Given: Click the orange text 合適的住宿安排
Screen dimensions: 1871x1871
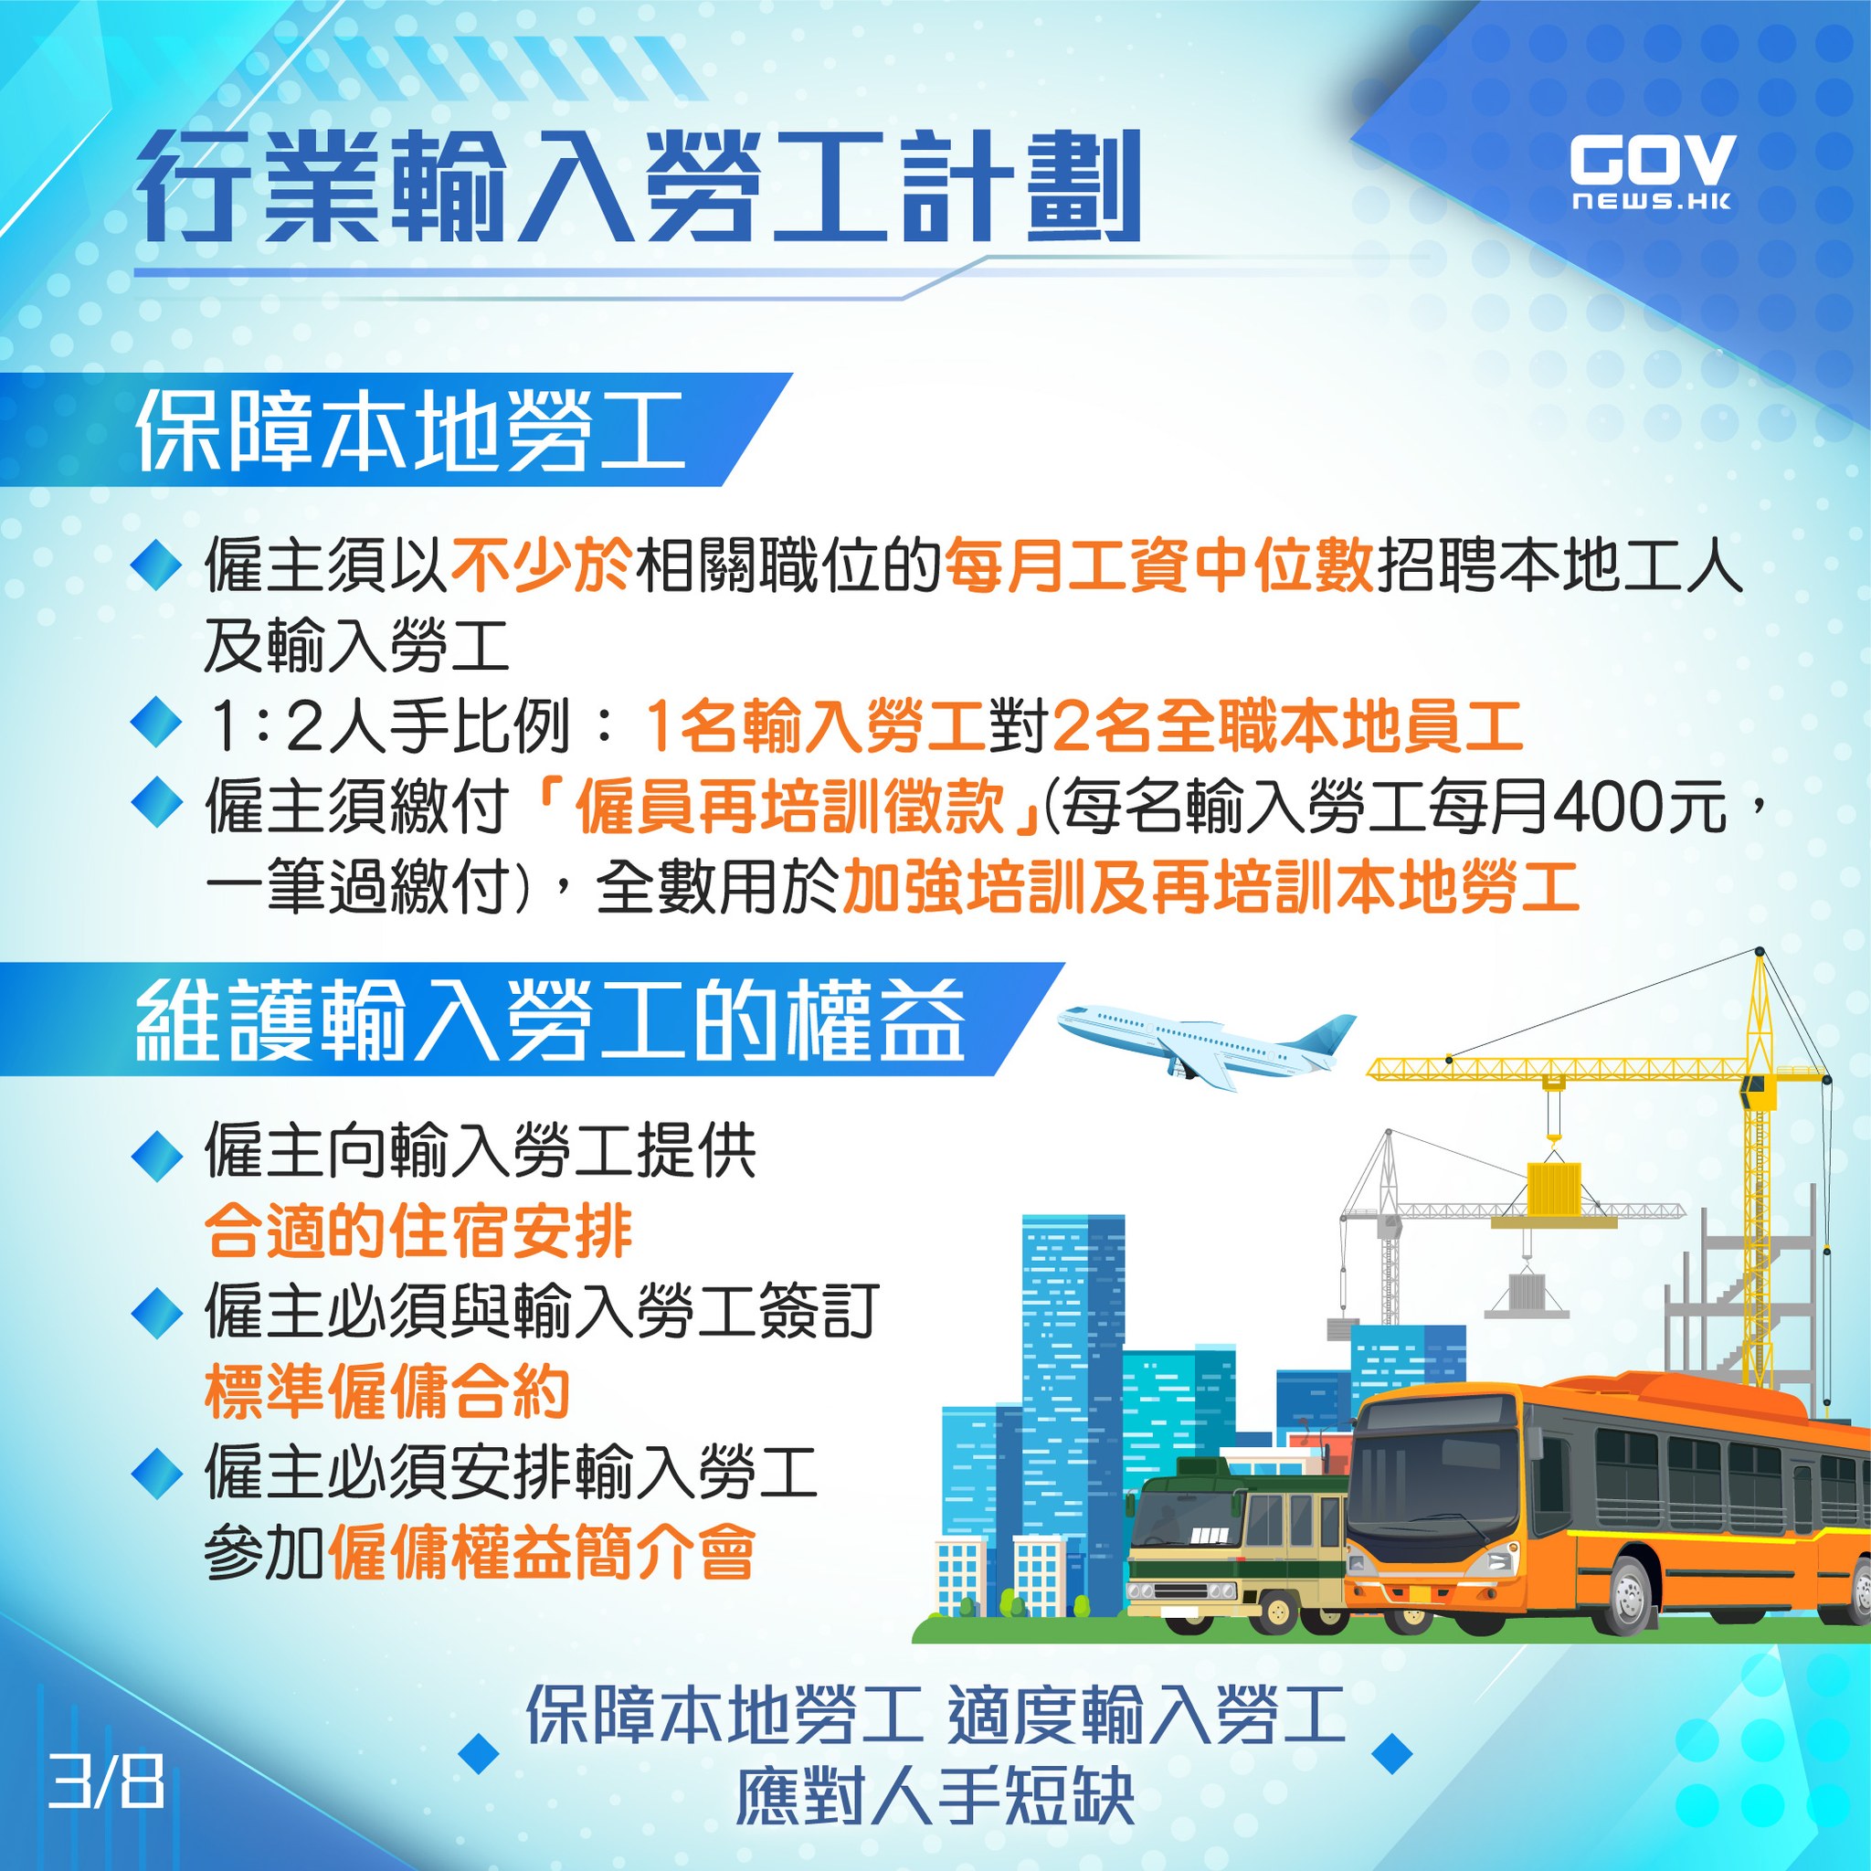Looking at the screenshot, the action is (418, 1231).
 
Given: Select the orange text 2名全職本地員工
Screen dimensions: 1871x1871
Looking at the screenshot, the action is (1287, 726).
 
